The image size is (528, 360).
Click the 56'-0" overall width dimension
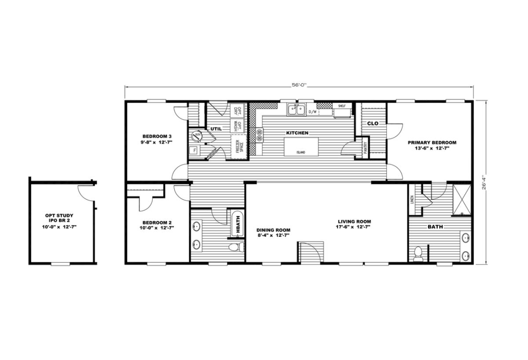pos(299,86)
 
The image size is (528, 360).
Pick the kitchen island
pos(301,146)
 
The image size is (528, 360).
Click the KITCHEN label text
pos(297,132)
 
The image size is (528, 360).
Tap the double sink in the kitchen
pos(296,109)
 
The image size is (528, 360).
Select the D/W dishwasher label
pos(313,112)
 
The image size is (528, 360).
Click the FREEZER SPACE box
pos(238,145)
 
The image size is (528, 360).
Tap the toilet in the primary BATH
pos(418,254)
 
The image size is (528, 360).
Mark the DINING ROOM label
pos(273,232)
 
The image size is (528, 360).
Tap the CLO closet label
pos(373,124)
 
